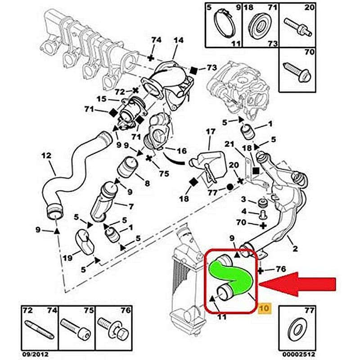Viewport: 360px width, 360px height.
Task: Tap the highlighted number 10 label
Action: click(x=264, y=308)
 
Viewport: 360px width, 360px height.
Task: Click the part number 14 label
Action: click(x=178, y=40)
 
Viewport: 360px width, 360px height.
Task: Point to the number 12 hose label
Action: click(x=46, y=156)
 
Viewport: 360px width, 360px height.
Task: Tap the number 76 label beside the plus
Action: click(x=280, y=270)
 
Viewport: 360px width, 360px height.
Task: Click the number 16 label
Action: click(x=181, y=151)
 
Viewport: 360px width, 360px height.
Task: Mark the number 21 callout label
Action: click(x=229, y=144)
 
